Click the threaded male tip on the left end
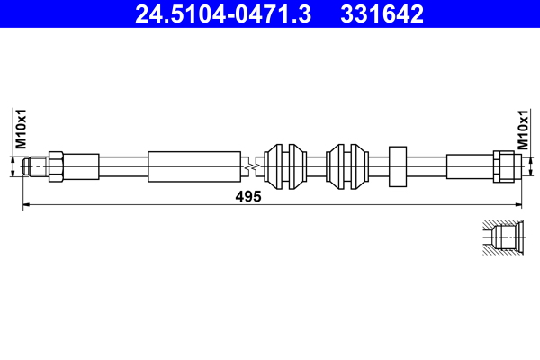click(37, 166)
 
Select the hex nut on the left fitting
click(55, 166)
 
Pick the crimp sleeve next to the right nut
click(468, 166)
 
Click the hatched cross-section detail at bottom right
click(500, 239)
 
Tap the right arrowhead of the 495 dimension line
click(516, 206)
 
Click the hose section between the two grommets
click(318, 166)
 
